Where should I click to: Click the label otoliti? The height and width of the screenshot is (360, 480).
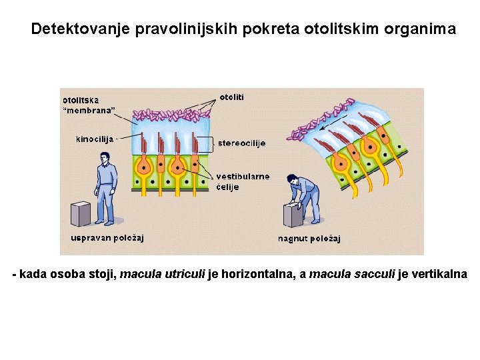coord(231,97)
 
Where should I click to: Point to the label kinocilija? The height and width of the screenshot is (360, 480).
coord(95,139)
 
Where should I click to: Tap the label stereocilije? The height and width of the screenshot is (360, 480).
coord(241,143)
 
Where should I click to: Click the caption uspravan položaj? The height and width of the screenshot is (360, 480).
coord(107,237)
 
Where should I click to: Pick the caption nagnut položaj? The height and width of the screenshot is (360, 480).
coord(309,238)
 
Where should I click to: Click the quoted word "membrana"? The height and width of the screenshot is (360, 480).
coord(88,110)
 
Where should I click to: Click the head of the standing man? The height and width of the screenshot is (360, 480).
coord(104,158)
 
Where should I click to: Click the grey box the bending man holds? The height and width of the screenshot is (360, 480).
coord(293,215)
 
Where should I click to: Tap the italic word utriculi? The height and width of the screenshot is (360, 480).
coord(183,275)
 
